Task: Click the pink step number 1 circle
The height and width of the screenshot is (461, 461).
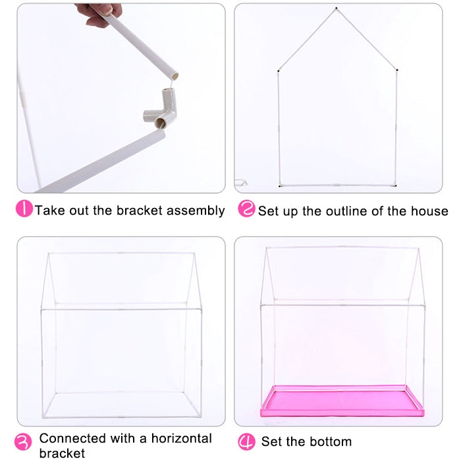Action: click(24, 209)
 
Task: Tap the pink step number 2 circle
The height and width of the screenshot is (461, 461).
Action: click(246, 209)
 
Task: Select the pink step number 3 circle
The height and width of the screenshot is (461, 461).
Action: click(24, 441)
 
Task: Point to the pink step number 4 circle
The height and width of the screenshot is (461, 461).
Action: click(246, 441)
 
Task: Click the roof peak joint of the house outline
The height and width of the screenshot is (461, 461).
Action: click(336, 9)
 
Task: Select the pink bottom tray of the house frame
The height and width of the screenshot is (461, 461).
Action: click(342, 401)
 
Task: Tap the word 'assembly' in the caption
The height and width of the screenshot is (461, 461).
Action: click(195, 211)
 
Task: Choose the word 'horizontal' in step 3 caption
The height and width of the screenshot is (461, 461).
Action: click(180, 438)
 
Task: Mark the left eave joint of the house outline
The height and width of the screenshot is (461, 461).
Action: click(279, 68)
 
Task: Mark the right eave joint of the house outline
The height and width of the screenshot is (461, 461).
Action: click(397, 68)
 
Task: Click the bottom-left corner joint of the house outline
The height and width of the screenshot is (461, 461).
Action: click(279, 185)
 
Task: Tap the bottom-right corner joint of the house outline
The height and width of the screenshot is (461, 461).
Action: click(395, 185)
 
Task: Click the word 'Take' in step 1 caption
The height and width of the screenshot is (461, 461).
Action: click(48, 211)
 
